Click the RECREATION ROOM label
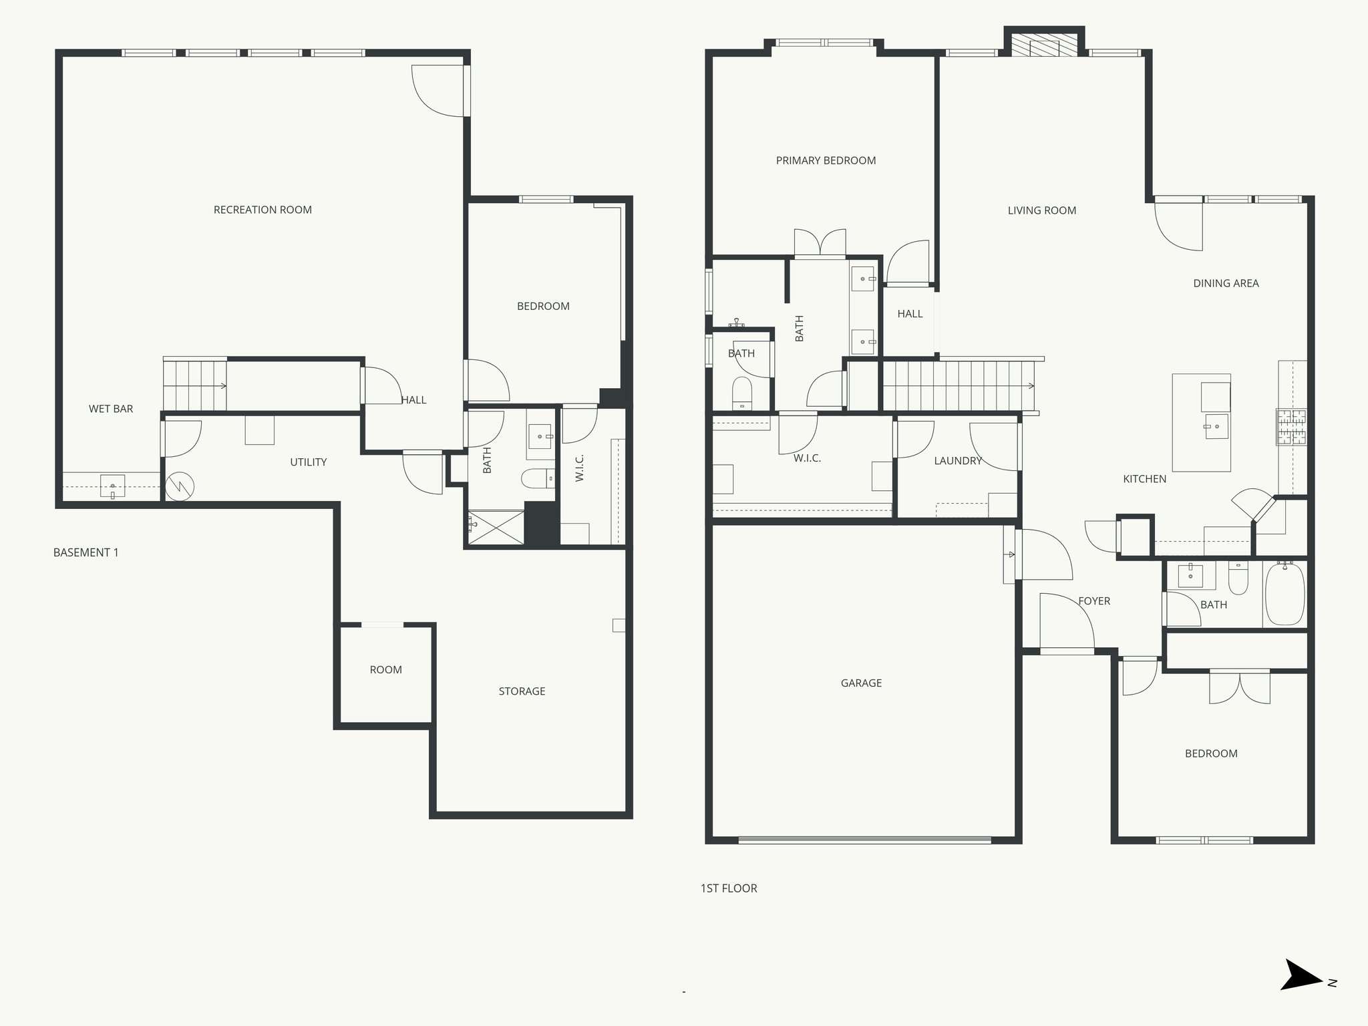pos(263,210)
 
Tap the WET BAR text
pos(111,409)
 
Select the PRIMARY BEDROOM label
pos(826,160)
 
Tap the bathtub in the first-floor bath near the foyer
pos(1285,594)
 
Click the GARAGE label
pos(861,683)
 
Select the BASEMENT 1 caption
pos(86,552)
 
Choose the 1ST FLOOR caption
pos(729,888)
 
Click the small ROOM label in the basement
pos(386,670)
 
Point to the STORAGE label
pos(522,691)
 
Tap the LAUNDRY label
pos(958,461)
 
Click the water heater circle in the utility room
pos(179,487)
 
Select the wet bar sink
pos(113,486)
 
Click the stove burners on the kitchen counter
pos(1291,427)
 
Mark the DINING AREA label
pos(1226,283)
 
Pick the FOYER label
pos(1094,601)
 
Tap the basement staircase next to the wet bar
pos(194,385)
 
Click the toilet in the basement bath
pos(538,478)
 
